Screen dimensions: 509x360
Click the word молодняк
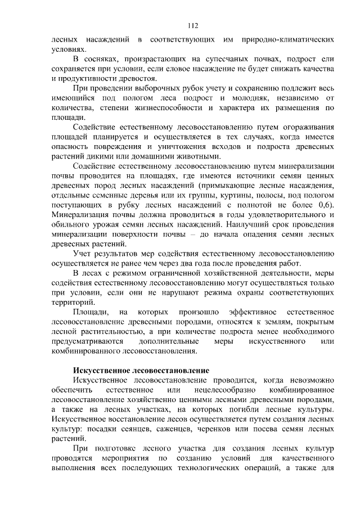(235, 98)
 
